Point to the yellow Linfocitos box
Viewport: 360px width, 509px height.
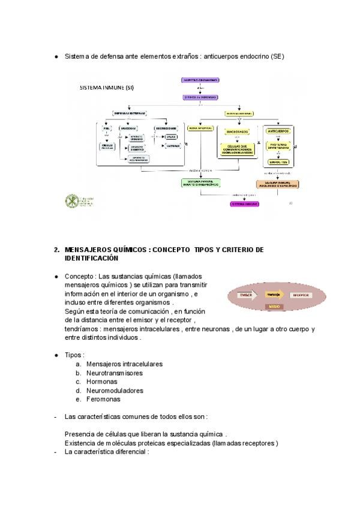click(278, 162)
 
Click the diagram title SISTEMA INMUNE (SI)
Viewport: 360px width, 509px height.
click(107, 88)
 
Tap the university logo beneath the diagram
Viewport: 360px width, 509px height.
click(73, 200)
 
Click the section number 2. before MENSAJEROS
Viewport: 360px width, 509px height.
click(56, 250)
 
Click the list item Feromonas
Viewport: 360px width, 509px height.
click(103, 399)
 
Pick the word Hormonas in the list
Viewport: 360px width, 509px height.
click(101, 382)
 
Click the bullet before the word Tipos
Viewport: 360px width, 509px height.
click(56, 355)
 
